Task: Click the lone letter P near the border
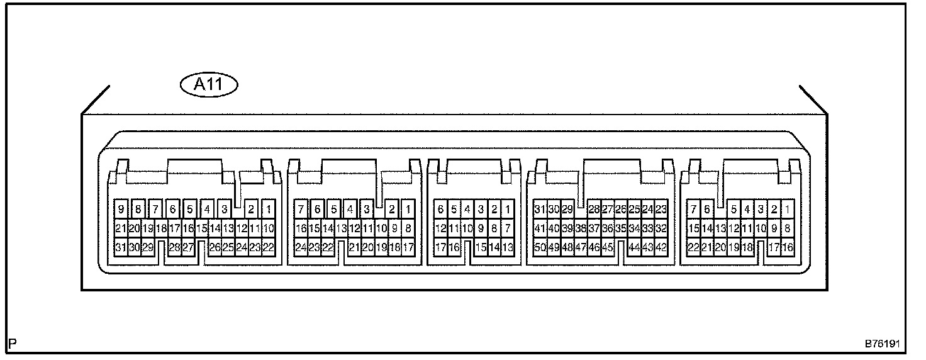[13, 344]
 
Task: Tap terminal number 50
[540, 247]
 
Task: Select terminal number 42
[661, 247]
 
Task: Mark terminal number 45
[608, 247]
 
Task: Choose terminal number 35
[621, 228]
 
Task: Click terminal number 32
[661, 228]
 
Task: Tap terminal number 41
[540, 228]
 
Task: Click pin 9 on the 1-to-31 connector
[120, 209]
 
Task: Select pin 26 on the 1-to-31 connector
[214, 247]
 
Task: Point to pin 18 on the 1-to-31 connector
[161, 228]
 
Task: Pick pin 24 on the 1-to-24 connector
[301, 247]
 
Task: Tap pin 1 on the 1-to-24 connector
[408, 209]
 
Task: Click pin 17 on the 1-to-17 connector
[441, 247]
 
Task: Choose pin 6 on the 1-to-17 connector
[441, 209]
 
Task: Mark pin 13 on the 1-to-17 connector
[508, 247]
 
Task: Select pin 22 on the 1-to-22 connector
[693, 247]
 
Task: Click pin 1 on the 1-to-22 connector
[788, 209]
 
